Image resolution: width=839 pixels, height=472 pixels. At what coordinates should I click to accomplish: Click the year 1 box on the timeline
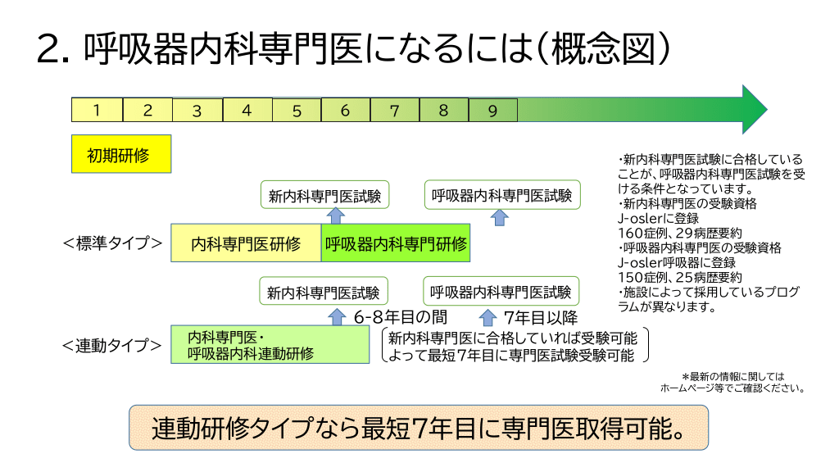pos(97,110)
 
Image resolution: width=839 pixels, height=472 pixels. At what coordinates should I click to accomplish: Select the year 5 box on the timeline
pos(297,110)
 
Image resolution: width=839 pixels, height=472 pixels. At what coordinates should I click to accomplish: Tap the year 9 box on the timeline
pos(492,110)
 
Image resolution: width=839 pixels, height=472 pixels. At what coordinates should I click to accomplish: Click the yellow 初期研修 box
pos(121,155)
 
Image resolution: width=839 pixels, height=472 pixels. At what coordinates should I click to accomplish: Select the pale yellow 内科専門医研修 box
pos(246,243)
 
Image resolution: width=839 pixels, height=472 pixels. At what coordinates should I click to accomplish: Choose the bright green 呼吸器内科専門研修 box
pos(396,243)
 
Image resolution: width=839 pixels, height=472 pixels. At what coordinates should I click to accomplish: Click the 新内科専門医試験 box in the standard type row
pos(324,197)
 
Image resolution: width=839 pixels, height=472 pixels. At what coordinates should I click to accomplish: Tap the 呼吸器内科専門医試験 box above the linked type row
pos(501,292)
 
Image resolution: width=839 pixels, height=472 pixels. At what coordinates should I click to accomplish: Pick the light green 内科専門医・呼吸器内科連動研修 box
pos(270,345)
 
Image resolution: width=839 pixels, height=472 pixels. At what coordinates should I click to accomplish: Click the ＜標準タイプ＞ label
pos(112,243)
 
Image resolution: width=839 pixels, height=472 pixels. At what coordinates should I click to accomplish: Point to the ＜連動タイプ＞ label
pos(112,345)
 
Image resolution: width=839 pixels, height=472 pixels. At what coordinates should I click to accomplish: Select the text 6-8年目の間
pos(401,317)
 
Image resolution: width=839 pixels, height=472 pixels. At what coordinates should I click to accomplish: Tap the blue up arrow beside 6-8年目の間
pos(337,316)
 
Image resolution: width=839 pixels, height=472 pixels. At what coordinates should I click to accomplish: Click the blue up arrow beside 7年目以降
pos(488,316)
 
